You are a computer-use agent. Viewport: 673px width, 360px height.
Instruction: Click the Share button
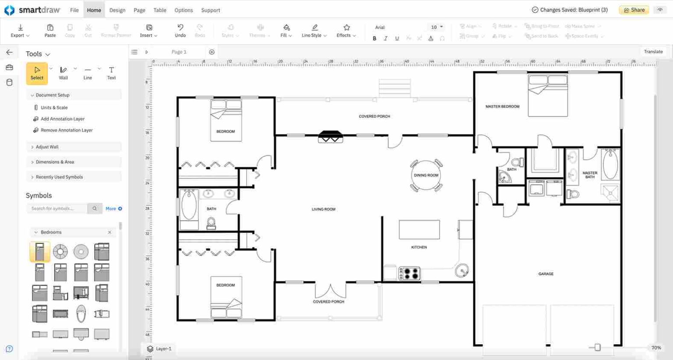[x=634, y=10]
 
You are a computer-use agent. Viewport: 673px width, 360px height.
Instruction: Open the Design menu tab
[x=117, y=10]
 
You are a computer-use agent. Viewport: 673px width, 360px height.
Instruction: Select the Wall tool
[x=64, y=73]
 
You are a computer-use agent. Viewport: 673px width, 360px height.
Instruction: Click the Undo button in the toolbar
[x=180, y=30]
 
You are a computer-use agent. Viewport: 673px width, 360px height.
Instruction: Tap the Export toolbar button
[x=20, y=30]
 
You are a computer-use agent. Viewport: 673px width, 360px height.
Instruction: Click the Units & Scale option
[x=54, y=107]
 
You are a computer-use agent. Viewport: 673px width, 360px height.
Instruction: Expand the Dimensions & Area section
[x=55, y=162]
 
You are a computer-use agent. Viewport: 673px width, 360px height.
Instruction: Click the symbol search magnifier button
[x=95, y=208]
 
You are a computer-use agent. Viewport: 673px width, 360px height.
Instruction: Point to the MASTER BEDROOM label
[x=502, y=106]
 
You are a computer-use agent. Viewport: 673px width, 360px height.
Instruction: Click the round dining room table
[x=426, y=175]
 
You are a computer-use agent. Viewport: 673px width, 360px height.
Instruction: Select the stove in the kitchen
[x=409, y=274]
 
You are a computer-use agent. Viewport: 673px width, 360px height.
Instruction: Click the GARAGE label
[x=545, y=274]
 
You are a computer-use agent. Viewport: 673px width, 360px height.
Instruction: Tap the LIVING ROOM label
[x=323, y=209]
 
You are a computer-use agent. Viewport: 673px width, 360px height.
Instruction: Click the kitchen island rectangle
[x=419, y=229]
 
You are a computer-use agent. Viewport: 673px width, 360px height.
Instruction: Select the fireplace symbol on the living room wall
[x=330, y=137]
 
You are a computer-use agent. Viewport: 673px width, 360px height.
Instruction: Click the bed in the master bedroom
[x=548, y=95]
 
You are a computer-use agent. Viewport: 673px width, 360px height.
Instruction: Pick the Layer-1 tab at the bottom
[x=159, y=349]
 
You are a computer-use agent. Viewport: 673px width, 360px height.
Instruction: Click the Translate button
[x=653, y=52]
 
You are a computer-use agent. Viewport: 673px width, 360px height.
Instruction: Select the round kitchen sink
[x=461, y=271]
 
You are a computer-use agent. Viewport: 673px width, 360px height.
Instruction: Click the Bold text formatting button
[x=374, y=39]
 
